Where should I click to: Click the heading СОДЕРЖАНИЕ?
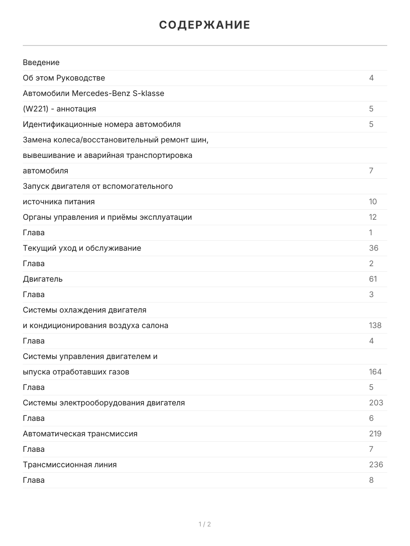[x=205, y=25]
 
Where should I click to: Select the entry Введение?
[x=41, y=62]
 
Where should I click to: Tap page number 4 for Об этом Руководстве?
[x=371, y=78]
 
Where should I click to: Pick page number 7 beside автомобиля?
[x=371, y=171]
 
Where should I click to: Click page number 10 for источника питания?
[x=373, y=202]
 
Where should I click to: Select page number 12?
[x=373, y=217]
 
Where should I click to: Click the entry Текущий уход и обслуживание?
[x=82, y=248]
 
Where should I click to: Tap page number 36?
[x=374, y=248]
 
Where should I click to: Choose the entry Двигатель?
[x=43, y=279]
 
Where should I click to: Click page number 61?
[x=373, y=279]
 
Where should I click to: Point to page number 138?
[x=375, y=325]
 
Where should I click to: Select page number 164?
[x=375, y=372]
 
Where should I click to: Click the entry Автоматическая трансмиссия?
[x=80, y=434]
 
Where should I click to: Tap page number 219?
[x=375, y=434]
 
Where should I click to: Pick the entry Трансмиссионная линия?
[x=70, y=465]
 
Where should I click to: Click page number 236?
[x=376, y=465]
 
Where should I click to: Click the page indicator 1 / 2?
[x=205, y=524]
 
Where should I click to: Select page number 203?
[x=376, y=403]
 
